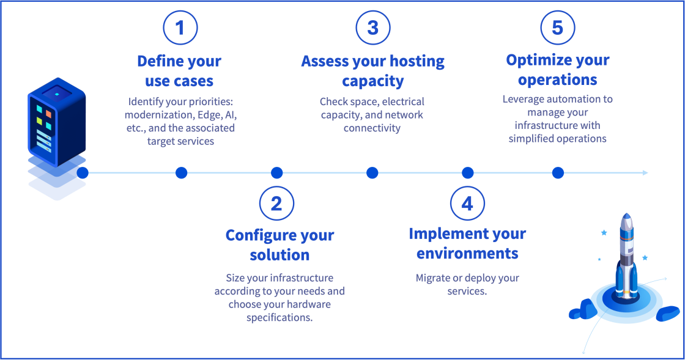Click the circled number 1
click(x=180, y=28)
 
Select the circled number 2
click(x=276, y=204)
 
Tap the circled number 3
click(x=372, y=28)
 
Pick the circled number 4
click(x=467, y=204)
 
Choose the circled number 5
click(x=557, y=28)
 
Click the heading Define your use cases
click(x=179, y=71)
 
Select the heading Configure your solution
click(x=280, y=244)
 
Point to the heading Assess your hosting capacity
click(x=372, y=71)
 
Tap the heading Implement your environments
click(x=467, y=243)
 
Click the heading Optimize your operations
click(x=557, y=70)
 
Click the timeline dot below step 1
click(x=181, y=173)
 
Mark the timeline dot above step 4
click(x=467, y=173)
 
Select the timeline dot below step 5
click(x=557, y=173)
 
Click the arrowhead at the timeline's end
click(x=645, y=173)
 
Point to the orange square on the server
click(x=48, y=114)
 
